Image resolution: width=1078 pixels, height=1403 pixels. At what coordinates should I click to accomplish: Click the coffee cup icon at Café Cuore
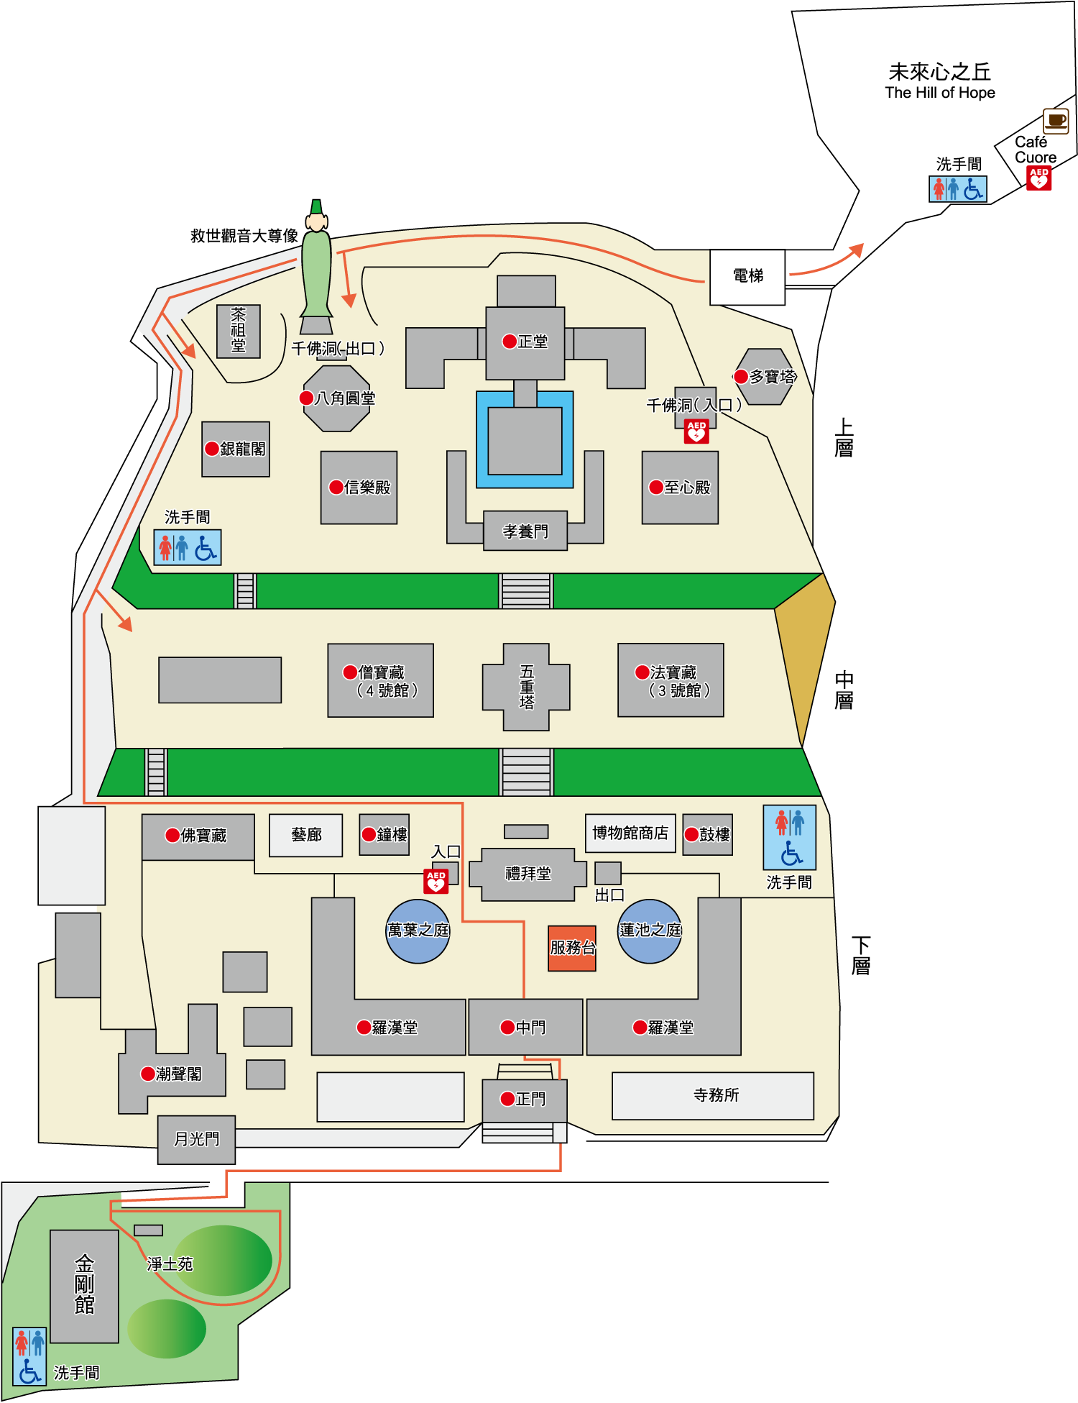[x=1056, y=121]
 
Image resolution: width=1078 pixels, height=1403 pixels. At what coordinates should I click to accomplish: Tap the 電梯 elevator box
[x=747, y=277]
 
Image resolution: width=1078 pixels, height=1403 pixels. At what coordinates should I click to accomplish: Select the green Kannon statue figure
[x=316, y=267]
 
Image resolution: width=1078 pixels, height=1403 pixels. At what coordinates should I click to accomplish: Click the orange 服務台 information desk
[x=572, y=949]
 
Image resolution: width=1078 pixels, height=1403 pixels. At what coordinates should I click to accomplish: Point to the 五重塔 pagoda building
[x=526, y=687]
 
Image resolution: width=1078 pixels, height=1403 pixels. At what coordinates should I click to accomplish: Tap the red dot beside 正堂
[x=510, y=341]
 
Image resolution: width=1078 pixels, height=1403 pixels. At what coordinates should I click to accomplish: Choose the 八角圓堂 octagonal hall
[x=336, y=398]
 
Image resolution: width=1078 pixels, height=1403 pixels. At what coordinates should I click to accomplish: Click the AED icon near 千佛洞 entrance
[x=696, y=431]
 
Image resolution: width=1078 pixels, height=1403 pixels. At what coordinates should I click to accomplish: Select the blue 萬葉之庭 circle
[x=418, y=931]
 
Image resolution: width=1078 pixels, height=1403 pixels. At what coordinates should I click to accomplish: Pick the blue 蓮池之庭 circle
[x=650, y=931]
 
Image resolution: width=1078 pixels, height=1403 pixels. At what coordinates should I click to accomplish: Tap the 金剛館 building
[x=84, y=1286]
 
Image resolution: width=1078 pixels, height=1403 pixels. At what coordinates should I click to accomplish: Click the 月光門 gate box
[x=196, y=1140]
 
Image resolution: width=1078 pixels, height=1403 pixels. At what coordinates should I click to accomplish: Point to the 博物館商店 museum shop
[x=630, y=833]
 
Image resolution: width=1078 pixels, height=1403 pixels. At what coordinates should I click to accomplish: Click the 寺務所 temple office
[x=713, y=1095]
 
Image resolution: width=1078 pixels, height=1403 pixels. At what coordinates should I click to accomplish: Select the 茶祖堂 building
[x=239, y=331]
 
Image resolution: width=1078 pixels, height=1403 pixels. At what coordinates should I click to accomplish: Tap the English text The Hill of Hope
[x=940, y=93]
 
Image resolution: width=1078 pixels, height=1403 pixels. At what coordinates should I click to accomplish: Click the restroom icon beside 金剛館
[x=29, y=1356]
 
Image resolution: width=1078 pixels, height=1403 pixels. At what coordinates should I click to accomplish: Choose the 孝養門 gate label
[x=525, y=531]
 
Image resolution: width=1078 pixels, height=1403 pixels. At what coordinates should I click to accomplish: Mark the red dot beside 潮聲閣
[x=148, y=1074]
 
